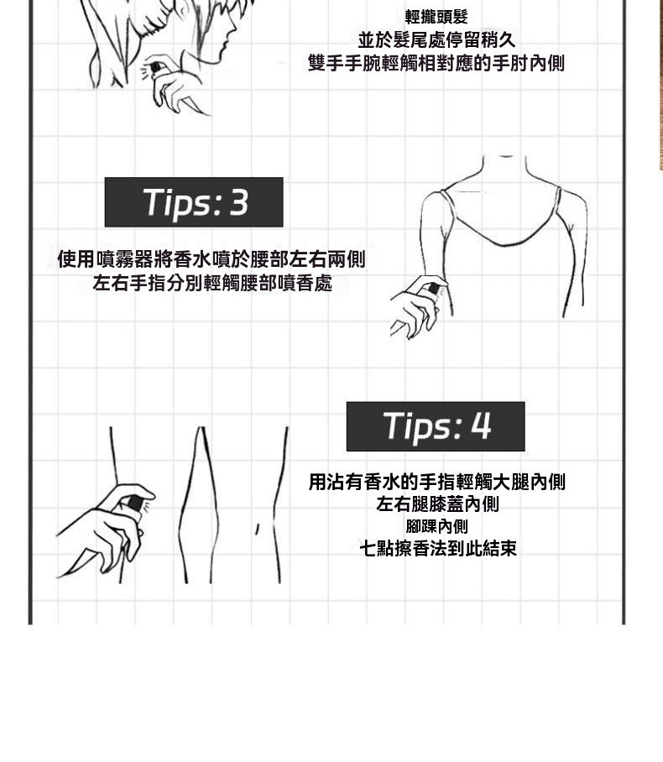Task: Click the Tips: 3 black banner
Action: pyautogui.click(x=194, y=202)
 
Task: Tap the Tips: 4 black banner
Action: pyautogui.click(x=435, y=426)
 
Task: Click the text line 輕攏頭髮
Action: pyautogui.click(x=436, y=17)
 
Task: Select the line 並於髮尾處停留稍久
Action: pyautogui.click(x=436, y=39)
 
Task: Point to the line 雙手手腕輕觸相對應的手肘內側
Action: pyautogui.click(x=436, y=63)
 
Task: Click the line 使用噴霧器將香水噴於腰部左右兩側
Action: pyautogui.click(x=211, y=259)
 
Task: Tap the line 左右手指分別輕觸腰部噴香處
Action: pyautogui.click(x=212, y=284)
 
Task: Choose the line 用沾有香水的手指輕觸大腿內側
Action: pyautogui.click(x=436, y=482)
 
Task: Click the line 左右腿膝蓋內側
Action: pyautogui.click(x=437, y=504)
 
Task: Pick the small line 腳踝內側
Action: pyautogui.click(x=436, y=526)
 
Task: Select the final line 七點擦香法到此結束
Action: pyautogui.click(x=437, y=549)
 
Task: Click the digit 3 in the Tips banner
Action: pyautogui.click(x=239, y=202)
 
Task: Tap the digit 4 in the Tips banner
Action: pyautogui.click(x=481, y=426)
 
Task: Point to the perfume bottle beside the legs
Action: pyautogui.click(x=134, y=504)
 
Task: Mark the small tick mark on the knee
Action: pyautogui.click(x=257, y=528)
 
